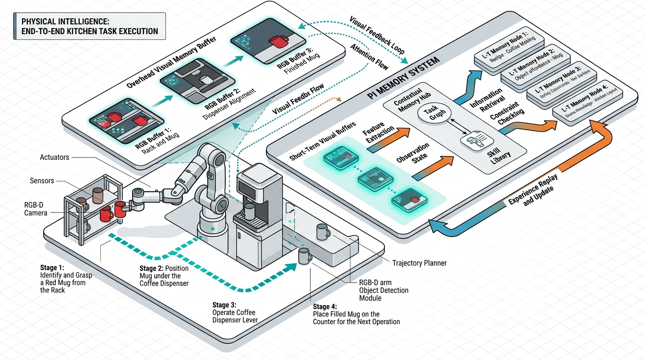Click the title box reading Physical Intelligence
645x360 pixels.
[90, 27]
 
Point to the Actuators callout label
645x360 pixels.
[54, 157]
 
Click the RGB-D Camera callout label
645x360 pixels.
[36, 209]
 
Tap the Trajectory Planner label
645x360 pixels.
[419, 263]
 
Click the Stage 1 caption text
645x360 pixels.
[66, 279]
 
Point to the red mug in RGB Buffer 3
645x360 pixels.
[277, 42]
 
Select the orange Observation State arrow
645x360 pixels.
[433, 168]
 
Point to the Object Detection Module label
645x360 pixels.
[384, 294]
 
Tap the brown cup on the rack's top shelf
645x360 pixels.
[97, 195]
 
